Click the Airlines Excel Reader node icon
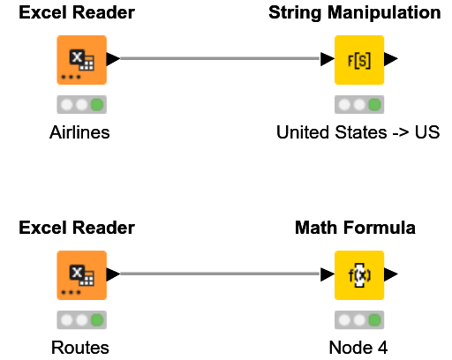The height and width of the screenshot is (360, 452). pyautogui.click(x=81, y=60)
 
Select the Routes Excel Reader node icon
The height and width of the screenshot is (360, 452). pyautogui.click(x=81, y=275)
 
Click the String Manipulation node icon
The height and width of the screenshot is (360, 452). pyautogui.click(x=358, y=60)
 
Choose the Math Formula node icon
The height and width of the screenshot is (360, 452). pyautogui.click(x=358, y=275)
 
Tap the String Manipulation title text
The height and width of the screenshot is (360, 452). pyautogui.click(x=354, y=13)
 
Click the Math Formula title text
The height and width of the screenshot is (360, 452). pyautogui.click(x=355, y=229)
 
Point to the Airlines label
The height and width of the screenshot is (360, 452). pyautogui.click(x=80, y=132)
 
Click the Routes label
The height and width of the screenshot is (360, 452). pyautogui.click(x=80, y=348)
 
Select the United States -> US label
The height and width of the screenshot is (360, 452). pyautogui.click(x=358, y=132)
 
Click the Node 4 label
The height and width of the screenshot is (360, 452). pyautogui.click(x=358, y=348)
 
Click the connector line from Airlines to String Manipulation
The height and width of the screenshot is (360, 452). pyautogui.click(x=221, y=59)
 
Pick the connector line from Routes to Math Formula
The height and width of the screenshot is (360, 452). pyautogui.click(x=221, y=274)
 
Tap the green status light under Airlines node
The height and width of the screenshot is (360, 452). pyautogui.click(x=96, y=105)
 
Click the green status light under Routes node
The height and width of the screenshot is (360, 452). pyautogui.click(x=96, y=320)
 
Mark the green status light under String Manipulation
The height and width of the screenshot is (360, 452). pyautogui.click(x=374, y=105)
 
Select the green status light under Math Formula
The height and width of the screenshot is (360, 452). pyautogui.click(x=374, y=320)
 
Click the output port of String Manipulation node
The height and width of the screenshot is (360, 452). pyautogui.click(x=391, y=59)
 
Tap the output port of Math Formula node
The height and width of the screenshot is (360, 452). pyautogui.click(x=391, y=274)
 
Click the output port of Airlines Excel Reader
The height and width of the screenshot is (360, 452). pyautogui.click(x=113, y=59)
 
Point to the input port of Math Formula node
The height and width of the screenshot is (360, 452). pyautogui.click(x=328, y=274)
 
